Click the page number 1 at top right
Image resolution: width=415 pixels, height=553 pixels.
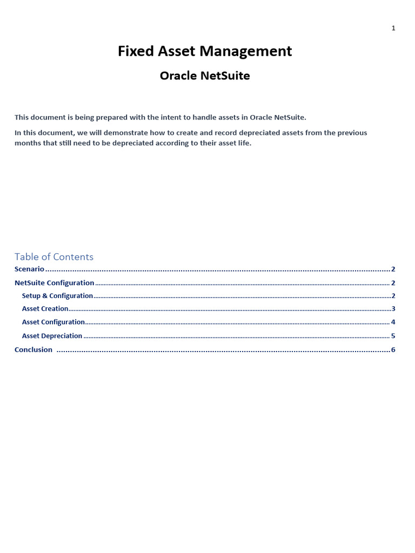393,28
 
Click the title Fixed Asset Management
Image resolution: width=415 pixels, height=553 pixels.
205,51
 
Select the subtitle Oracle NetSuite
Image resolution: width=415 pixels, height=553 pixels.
205,76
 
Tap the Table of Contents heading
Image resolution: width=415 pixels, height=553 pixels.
54,257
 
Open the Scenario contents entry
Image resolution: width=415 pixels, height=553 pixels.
29,269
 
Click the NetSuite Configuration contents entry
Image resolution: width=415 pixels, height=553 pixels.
55,282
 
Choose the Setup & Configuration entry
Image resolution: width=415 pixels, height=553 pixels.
57,296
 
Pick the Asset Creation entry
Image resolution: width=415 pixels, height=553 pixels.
45,309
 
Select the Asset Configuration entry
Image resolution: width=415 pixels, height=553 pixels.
53,322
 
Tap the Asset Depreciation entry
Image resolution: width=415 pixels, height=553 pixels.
52,336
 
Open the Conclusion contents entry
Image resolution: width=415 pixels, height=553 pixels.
34,349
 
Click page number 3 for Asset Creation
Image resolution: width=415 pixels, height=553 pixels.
393,309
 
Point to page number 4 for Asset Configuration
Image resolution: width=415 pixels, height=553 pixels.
393,322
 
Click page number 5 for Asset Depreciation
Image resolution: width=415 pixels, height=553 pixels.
393,336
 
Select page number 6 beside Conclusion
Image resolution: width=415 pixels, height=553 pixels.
393,349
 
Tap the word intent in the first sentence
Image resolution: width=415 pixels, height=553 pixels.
172,117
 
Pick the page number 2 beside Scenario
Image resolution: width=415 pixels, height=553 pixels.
393,269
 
